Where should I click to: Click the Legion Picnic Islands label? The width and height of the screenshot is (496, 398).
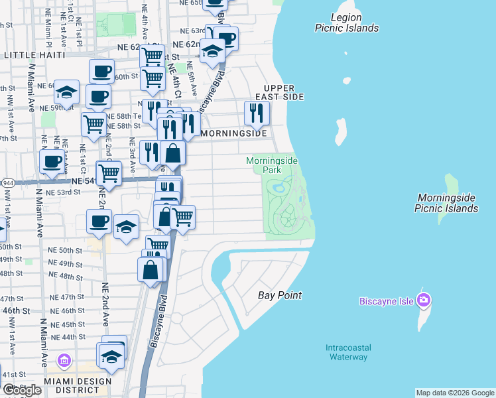tap(346, 23)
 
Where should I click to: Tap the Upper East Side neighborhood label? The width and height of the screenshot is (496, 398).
tap(283, 92)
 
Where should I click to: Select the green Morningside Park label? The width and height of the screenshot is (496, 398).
tap(272, 165)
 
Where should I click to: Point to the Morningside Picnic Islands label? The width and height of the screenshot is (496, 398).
tap(446, 203)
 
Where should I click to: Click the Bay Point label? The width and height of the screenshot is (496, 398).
tap(279, 295)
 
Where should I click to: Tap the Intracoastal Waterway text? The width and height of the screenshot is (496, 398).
tap(348, 352)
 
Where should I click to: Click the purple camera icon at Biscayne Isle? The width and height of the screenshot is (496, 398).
tap(424, 300)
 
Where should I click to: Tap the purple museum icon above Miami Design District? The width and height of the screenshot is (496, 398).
tap(64, 362)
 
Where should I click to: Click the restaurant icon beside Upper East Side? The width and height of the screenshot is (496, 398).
tap(257, 113)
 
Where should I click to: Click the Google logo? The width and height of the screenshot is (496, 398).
tap(22, 390)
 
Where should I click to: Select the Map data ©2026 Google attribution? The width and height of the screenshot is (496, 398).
tap(455, 393)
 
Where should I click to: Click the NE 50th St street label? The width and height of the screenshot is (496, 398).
tap(66, 250)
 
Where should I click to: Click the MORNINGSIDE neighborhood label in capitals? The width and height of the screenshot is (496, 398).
tap(233, 133)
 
